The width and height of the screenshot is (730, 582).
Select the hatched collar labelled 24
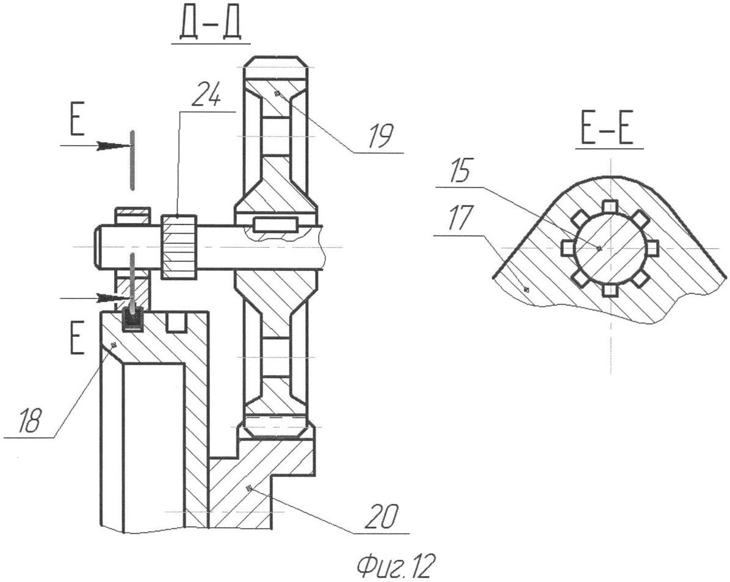(179, 247)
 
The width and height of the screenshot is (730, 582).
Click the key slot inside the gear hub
(275, 224)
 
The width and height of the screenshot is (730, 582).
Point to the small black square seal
(132, 318)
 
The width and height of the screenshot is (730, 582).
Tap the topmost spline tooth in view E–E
(610, 207)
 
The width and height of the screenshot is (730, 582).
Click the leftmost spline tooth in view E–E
(568, 248)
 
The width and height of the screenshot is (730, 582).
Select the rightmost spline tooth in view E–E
(652, 248)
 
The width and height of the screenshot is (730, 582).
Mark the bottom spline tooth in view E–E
(610, 290)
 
